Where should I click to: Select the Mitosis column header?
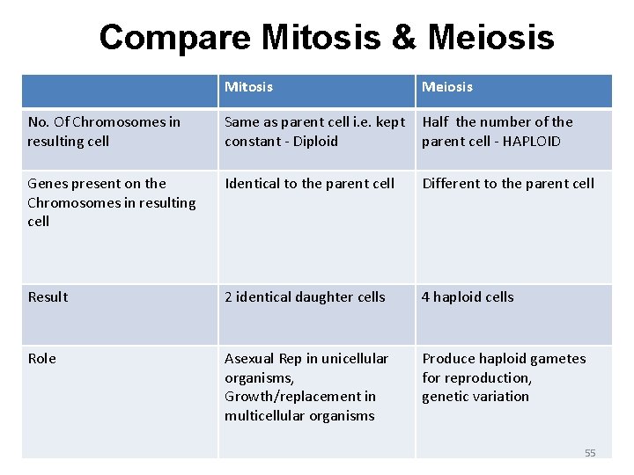click(x=248, y=86)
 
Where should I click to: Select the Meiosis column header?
click(x=446, y=86)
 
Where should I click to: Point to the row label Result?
click(x=48, y=296)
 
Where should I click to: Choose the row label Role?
click(x=41, y=358)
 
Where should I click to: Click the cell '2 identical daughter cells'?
click(x=305, y=296)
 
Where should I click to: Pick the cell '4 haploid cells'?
click(x=468, y=296)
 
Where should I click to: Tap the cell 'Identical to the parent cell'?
click(x=309, y=183)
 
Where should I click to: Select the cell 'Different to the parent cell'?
click(x=508, y=183)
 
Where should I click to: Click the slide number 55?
click(x=590, y=453)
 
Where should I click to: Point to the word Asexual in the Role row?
click(x=250, y=358)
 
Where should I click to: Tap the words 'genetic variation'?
click(x=475, y=396)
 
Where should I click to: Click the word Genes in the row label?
click(x=47, y=183)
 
